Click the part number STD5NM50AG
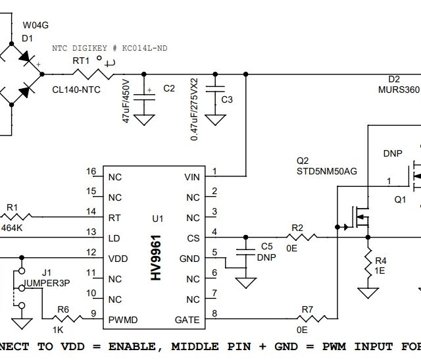(326, 171)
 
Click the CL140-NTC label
(76, 90)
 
